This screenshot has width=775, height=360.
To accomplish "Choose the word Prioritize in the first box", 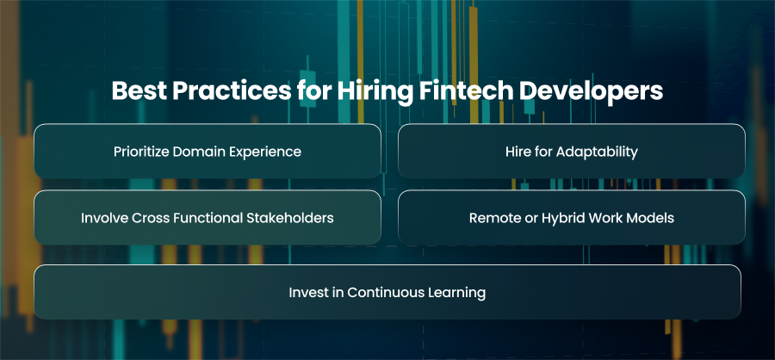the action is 141,152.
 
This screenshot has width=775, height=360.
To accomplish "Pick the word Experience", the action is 262,152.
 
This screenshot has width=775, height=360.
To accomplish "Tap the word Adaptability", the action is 597,152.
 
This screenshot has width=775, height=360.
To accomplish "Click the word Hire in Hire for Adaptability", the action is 517,152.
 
